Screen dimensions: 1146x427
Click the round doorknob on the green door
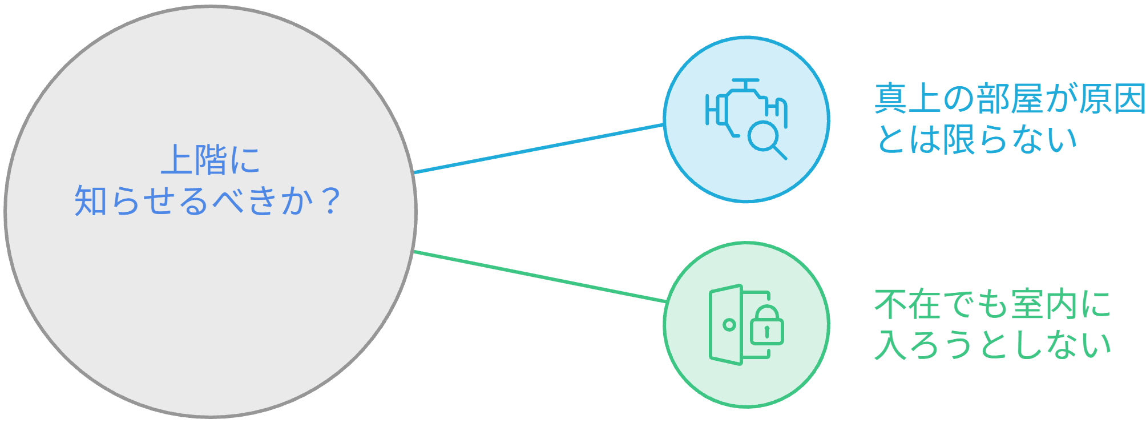pos(729,325)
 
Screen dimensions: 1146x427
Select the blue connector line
pos(539,148)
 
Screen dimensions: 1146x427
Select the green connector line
pos(540,276)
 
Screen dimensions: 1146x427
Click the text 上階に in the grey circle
pos(211,159)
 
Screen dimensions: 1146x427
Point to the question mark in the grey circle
pos(330,202)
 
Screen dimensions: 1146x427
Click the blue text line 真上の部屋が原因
pos(1010,99)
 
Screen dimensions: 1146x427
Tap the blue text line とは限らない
pos(976,139)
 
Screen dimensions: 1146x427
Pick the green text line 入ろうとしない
pos(992,344)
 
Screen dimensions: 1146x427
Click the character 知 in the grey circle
pos(91,202)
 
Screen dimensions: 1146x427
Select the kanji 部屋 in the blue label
pos(1010,99)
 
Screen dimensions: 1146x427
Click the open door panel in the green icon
pos(725,324)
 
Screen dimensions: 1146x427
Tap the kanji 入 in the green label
pos(891,344)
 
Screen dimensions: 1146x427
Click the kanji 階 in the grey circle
pos(211,159)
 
